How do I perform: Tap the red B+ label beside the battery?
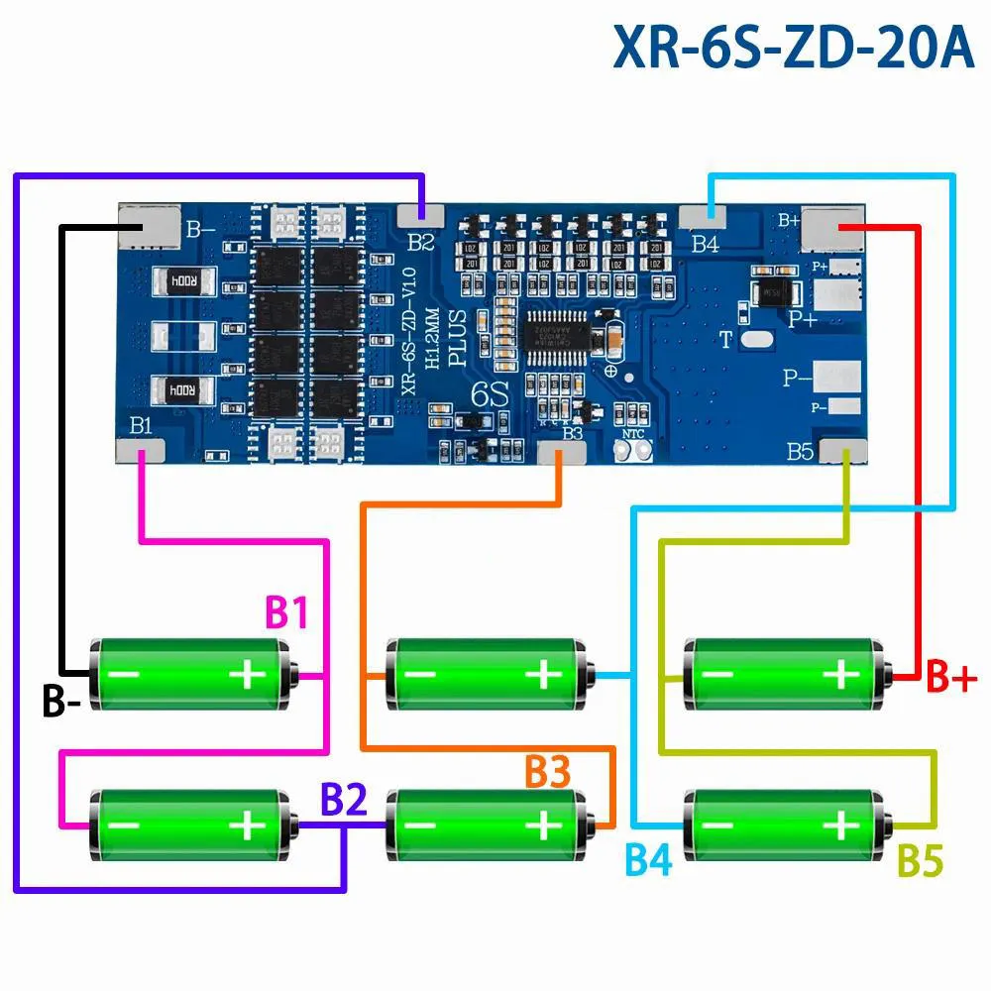pos(951,679)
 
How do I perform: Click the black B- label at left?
pos(61,701)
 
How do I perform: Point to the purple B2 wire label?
pos(343,799)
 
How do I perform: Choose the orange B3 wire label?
pos(548,772)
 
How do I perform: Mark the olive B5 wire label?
pos(920,860)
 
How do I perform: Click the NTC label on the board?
pos(633,434)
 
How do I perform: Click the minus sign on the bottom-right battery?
pos(720,825)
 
